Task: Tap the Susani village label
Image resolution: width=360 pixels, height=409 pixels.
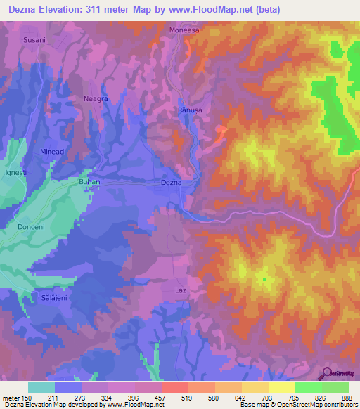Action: click(34, 40)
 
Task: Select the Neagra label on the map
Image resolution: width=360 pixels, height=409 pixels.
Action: click(96, 99)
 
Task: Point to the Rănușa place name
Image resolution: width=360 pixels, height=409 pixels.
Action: click(191, 110)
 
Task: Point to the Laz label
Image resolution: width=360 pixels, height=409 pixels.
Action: click(180, 289)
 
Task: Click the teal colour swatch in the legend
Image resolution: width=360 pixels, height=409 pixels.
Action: click(41, 387)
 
